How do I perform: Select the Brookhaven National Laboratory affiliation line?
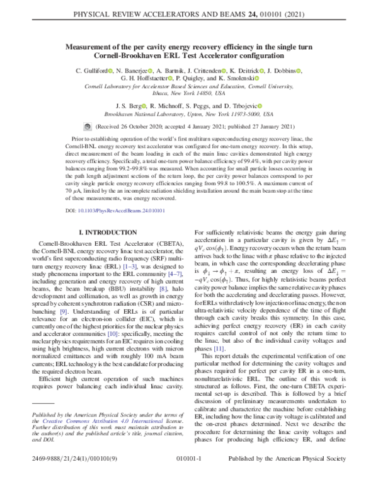pyautogui.click(x=188, y=115)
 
